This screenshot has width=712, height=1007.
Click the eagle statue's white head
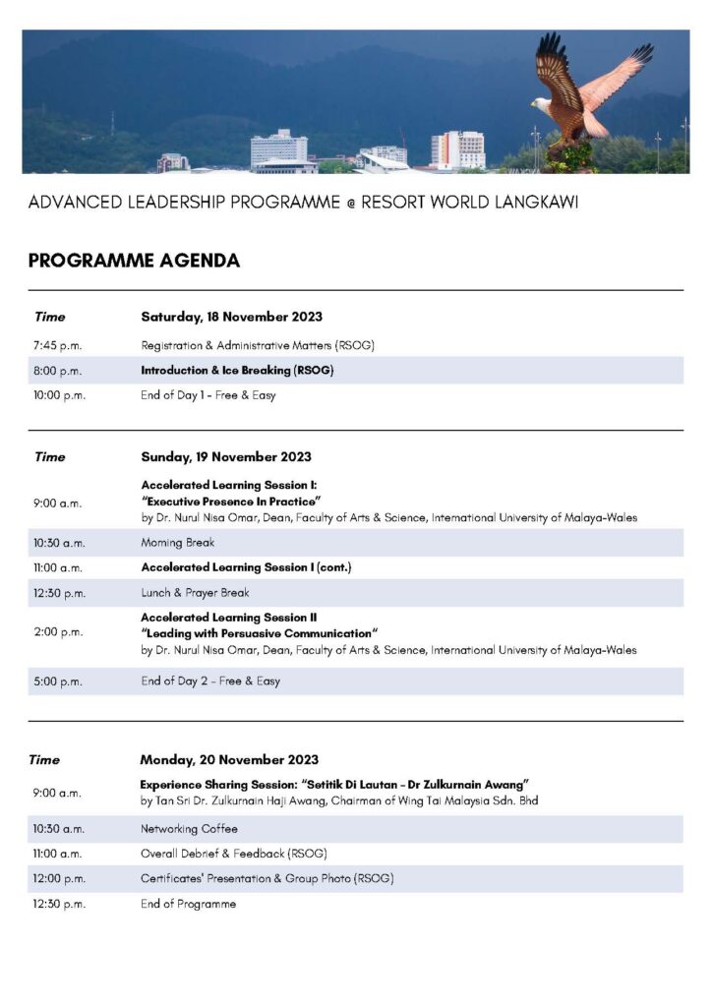tap(540, 102)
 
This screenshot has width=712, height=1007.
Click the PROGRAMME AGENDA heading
tap(134, 261)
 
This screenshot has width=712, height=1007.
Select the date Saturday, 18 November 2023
tap(231, 317)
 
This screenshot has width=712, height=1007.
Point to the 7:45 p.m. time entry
tap(57, 345)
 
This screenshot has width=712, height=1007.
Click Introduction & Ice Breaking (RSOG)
tap(237, 371)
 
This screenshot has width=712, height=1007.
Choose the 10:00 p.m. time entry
tap(59, 395)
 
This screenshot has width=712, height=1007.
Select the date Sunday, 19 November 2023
tap(226, 456)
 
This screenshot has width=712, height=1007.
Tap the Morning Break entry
tap(177, 542)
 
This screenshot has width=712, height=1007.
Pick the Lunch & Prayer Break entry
tap(195, 593)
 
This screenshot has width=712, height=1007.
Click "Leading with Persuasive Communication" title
tap(260, 633)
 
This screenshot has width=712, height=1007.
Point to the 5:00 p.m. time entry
tap(57, 681)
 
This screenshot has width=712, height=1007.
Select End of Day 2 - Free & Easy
tap(209, 681)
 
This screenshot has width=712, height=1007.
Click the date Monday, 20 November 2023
tap(229, 759)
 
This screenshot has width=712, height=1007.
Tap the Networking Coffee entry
tap(189, 829)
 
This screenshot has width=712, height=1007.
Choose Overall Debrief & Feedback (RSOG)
tap(233, 854)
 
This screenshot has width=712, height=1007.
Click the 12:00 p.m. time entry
tap(59, 878)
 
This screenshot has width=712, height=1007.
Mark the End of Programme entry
tap(188, 904)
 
